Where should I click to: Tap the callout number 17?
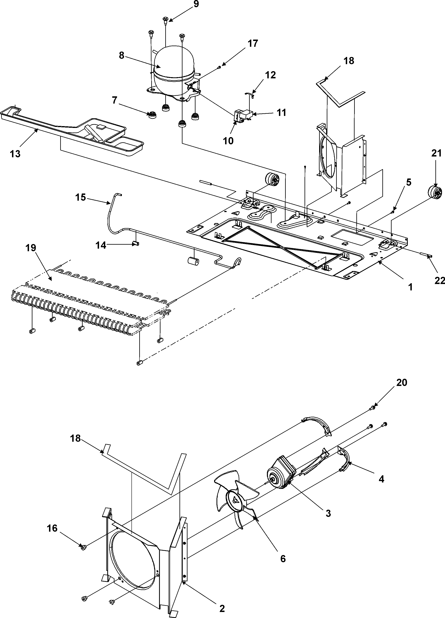tap(253, 43)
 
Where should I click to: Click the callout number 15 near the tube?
tap(80, 197)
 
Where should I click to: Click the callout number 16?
tap(52, 528)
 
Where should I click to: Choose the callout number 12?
tap(270, 75)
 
